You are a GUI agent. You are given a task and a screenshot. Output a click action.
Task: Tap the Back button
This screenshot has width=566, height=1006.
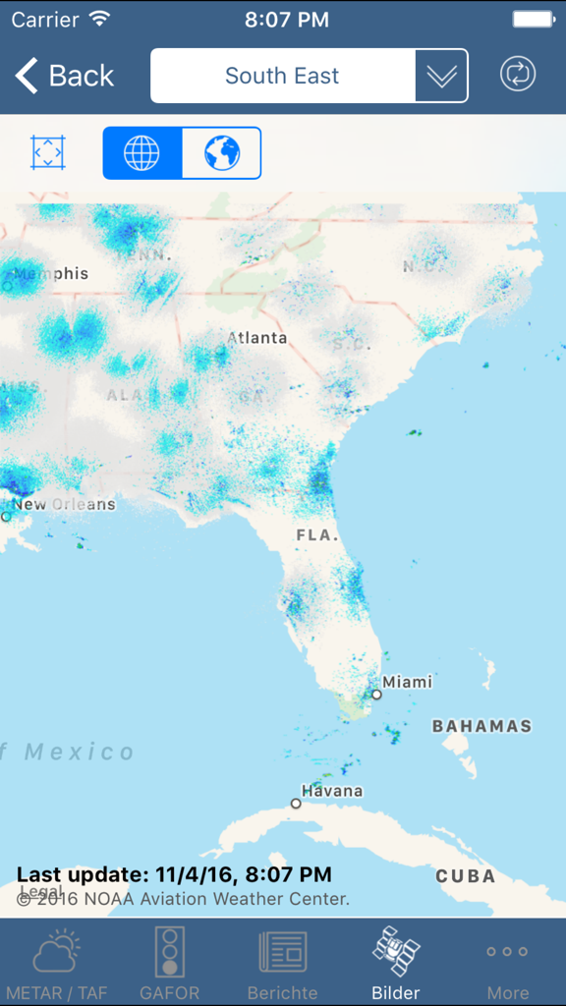(x=65, y=76)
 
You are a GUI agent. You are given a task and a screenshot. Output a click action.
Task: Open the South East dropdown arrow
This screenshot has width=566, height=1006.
(x=441, y=76)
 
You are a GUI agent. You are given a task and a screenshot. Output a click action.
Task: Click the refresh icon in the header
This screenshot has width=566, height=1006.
(x=518, y=75)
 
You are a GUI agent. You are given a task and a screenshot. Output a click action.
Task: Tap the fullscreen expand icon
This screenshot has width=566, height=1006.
(x=47, y=153)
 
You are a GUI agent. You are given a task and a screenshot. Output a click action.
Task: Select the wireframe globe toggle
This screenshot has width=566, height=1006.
(x=142, y=153)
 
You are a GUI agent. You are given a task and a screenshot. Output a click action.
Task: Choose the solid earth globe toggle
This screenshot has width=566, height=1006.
(x=222, y=153)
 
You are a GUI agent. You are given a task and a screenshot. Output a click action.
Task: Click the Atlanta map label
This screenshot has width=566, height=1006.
(x=257, y=338)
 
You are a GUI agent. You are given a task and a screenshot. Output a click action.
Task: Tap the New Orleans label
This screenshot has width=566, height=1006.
(x=63, y=505)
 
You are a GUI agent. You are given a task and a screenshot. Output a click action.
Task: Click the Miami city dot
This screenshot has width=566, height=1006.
(x=376, y=695)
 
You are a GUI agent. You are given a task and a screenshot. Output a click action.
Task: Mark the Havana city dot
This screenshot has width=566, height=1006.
(x=296, y=804)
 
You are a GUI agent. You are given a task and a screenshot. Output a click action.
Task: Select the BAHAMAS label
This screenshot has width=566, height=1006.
(x=481, y=727)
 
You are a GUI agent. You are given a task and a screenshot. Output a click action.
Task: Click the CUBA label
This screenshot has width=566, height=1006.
(x=465, y=876)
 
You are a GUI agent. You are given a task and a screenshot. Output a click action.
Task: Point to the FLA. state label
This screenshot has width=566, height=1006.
(x=317, y=536)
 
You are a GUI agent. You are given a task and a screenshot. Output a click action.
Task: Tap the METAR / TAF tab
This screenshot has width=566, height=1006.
(x=56, y=963)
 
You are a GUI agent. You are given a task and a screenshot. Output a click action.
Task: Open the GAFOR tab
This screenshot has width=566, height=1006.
(x=170, y=963)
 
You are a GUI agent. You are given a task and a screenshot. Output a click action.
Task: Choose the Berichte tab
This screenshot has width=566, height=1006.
(x=282, y=963)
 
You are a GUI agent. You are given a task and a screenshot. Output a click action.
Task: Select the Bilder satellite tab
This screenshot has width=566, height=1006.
(x=396, y=963)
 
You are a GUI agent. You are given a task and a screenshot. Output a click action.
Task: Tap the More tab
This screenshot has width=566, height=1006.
(x=508, y=963)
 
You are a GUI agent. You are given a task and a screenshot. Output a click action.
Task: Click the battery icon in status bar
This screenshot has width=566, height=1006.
(x=534, y=19)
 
